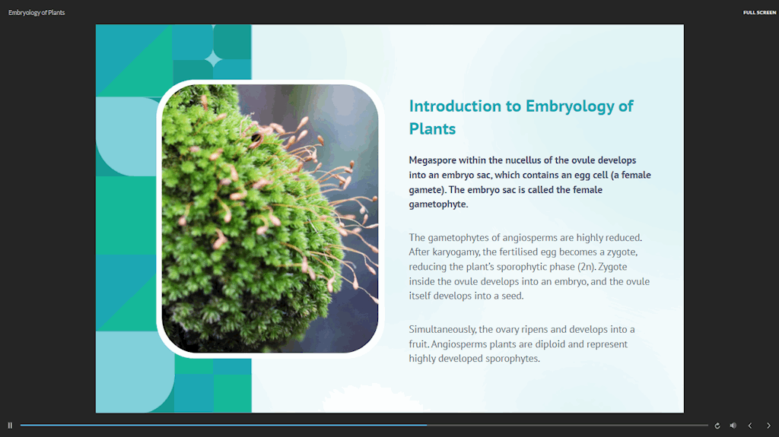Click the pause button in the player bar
[x=10, y=426]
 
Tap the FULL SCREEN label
[x=759, y=12]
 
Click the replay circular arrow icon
[x=717, y=426]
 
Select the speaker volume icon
[x=733, y=426]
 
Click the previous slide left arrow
[x=750, y=426]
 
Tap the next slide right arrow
[x=768, y=426]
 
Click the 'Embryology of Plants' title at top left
[x=37, y=12]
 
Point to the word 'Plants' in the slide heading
[x=432, y=128]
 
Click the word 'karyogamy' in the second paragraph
[x=456, y=252]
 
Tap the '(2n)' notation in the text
[x=587, y=267]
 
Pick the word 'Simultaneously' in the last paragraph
[x=443, y=330]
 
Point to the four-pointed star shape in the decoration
[x=213, y=59]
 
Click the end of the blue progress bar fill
[x=426, y=425]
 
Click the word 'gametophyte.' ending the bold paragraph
[x=438, y=204]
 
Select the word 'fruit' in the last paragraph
[x=419, y=344]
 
